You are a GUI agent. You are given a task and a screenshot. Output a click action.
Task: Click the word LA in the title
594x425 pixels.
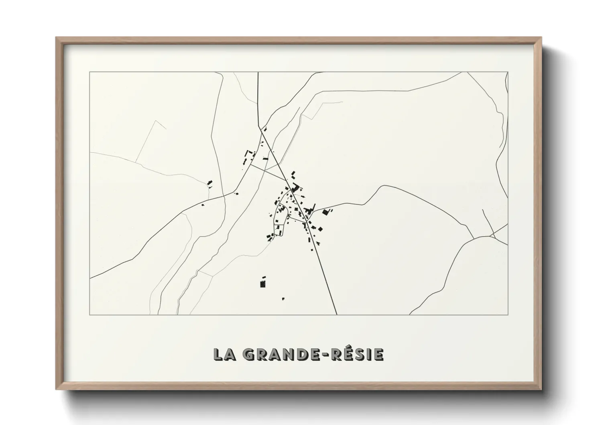(x=223, y=354)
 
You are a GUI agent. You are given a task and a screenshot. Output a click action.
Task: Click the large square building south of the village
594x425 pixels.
(x=263, y=284)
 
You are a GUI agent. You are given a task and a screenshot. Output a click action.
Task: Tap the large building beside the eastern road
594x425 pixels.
(x=325, y=212)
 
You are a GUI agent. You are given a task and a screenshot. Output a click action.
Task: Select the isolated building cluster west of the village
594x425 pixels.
(x=210, y=184)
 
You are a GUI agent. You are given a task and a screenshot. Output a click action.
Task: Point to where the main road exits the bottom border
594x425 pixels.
(x=336, y=315)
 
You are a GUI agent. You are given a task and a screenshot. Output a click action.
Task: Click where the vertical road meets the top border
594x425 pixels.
(x=258, y=72)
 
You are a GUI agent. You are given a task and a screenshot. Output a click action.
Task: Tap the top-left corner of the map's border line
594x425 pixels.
(x=90, y=72)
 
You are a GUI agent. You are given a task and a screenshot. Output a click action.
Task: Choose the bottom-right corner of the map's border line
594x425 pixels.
(x=508, y=315)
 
